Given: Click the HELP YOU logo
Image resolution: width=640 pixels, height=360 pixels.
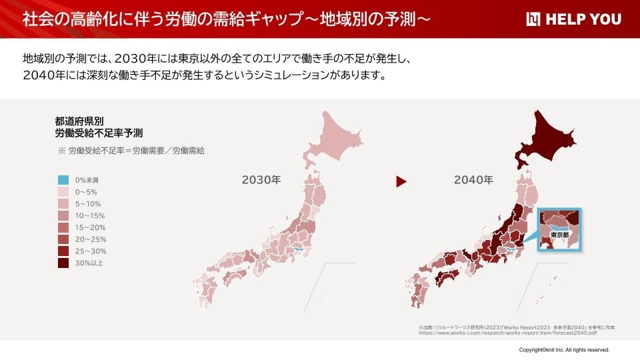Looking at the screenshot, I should [x=573, y=19].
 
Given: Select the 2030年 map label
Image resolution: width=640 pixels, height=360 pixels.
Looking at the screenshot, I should [x=261, y=179].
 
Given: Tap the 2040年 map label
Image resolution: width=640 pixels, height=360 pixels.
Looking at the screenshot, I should [x=473, y=179].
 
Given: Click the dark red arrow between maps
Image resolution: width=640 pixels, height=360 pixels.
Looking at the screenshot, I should [x=401, y=181].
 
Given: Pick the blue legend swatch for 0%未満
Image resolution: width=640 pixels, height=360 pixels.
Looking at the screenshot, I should [x=63, y=180].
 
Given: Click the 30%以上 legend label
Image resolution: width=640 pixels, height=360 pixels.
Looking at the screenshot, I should [x=89, y=263].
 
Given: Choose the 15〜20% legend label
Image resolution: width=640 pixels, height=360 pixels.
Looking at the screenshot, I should [x=91, y=227].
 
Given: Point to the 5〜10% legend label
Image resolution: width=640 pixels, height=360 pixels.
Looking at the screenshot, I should [x=89, y=203].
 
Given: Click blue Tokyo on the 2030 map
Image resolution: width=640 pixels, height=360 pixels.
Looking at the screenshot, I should [x=299, y=249].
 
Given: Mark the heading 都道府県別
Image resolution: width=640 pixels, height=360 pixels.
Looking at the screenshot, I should [x=79, y=121].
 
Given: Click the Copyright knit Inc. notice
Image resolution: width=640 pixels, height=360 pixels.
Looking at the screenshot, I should [x=564, y=349].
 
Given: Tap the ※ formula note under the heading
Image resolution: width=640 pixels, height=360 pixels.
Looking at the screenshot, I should [x=131, y=151].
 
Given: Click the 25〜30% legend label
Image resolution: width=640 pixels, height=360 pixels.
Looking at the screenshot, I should [x=91, y=251].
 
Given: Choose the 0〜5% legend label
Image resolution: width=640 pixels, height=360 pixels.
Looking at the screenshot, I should [x=87, y=191].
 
